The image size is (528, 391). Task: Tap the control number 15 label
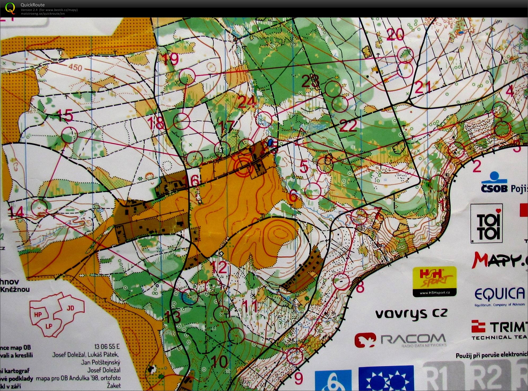pos(65,116)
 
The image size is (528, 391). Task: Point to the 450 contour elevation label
pos(75,67)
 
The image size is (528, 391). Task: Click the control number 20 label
pos(395,35)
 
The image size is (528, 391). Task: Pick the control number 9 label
pos(298,378)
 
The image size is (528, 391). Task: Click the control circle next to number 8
pos(341,281)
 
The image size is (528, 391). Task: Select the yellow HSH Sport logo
pos(434,281)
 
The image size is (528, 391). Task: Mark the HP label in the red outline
pos(38,315)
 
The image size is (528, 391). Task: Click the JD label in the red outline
pos(70,308)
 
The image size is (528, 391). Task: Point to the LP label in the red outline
pos(49,326)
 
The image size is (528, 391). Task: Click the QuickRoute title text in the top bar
pos(33,5)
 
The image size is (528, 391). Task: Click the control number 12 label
pos(220,268)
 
